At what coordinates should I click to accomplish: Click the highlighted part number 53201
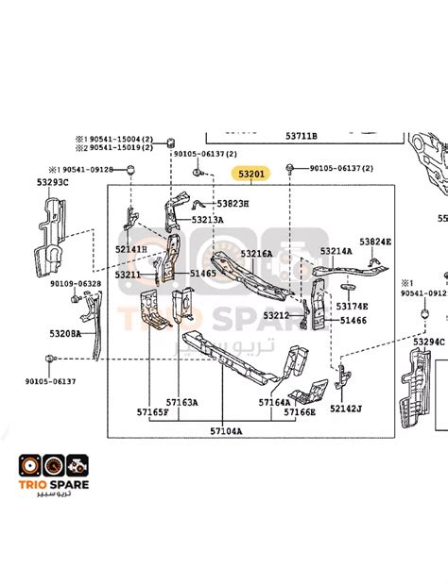(x=252, y=175)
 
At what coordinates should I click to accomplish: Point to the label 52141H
(x=131, y=249)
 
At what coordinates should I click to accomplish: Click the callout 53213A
(x=207, y=220)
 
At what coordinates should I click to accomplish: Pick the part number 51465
(x=203, y=273)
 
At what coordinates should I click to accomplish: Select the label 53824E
(x=374, y=242)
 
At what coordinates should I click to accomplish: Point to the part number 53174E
(x=353, y=306)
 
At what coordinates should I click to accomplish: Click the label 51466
(x=353, y=321)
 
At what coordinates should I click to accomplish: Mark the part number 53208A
(x=66, y=333)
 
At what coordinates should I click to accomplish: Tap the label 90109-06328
(x=76, y=283)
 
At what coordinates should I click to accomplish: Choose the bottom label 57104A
(x=226, y=430)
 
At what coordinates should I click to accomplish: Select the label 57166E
(x=299, y=412)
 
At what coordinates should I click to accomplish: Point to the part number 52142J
(x=347, y=409)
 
